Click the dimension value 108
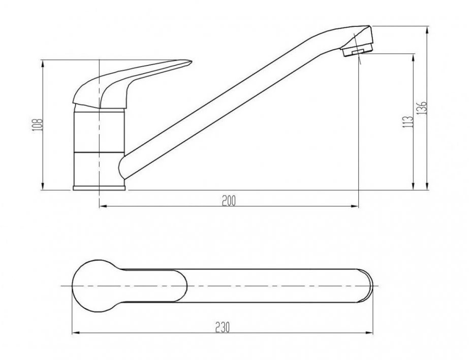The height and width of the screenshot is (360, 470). pyautogui.click(x=38, y=124)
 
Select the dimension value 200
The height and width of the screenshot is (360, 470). pyautogui.click(x=229, y=201)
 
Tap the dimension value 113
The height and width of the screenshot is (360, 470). pyautogui.click(x=408, y=122)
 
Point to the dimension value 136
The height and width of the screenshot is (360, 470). pyautogui.click(x=421, y=108)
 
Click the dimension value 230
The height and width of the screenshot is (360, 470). pyautogui.click(x=222, y=327)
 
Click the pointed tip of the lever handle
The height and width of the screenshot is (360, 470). pyautogui.click(x=191, y=62)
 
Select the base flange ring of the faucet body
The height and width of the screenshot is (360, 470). pyautogui.click(x=99, y=188)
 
